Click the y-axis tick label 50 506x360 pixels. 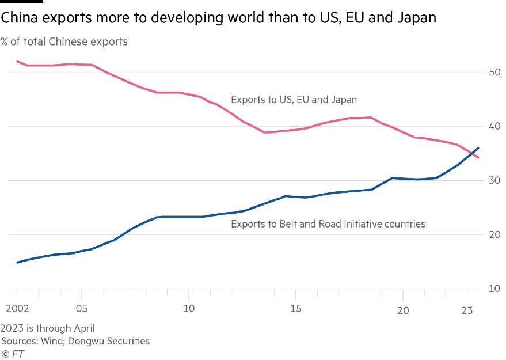tap(494, 72)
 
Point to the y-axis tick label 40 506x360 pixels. tap(494, 126)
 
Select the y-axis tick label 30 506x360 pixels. tap(494, 180)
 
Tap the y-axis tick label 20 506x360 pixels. tap(494, 234)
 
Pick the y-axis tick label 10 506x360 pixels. tap(494, 289)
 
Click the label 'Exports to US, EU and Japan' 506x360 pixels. tap(294, 100)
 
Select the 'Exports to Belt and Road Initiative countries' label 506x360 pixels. tap(328, 223)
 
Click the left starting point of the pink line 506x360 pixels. tap(17, 60)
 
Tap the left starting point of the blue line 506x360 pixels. tap(17, 263)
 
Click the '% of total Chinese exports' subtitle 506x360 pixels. tap(64, 41)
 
